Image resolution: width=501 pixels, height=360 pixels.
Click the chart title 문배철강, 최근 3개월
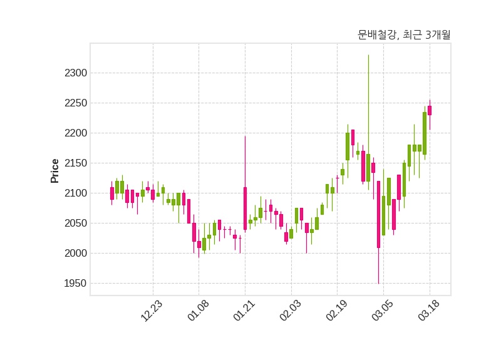click(x=404, y=34)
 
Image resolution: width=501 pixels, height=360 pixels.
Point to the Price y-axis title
click(x=55, y=170)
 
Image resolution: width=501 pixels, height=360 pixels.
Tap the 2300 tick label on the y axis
click(x=75, y=73)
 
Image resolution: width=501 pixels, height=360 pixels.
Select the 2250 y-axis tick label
click(x=75, y=103)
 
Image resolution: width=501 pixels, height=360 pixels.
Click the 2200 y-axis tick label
click(x=75, y=133)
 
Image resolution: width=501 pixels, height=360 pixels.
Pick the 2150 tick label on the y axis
click(x=75, y=163)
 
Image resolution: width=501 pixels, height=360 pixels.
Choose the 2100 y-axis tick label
click(x=75, y=193)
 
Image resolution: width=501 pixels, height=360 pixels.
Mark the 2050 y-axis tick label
click(x=75, y=224)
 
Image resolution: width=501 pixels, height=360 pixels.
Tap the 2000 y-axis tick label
click(x=75, y=254)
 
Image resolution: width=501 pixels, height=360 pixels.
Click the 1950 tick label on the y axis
click(x=75, y=284)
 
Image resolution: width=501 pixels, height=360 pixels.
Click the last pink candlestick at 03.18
click(x=430, y=110)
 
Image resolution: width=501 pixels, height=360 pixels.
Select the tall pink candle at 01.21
click(x=245, y=208)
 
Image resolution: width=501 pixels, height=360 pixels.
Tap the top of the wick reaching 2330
click(x=368, y=56)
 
